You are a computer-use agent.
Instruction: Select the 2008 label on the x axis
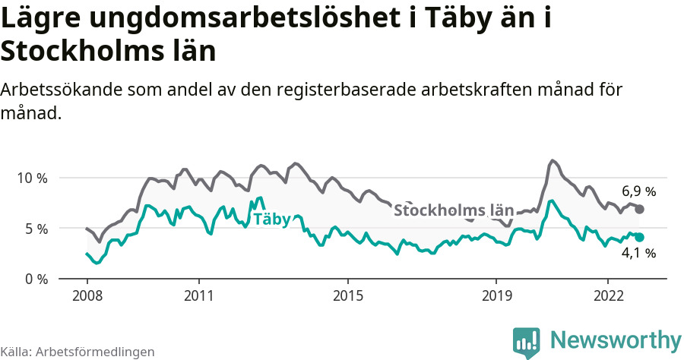tap(87, 295)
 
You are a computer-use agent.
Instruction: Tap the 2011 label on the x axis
tap(198, 295)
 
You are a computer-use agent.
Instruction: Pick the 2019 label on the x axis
tap(496, 295)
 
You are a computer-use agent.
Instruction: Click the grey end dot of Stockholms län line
tap(639, 209)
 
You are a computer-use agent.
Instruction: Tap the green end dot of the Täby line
tap(639, 238)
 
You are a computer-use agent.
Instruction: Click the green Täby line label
tap(271, 219)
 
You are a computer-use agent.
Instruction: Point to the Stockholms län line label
tap(453, 210)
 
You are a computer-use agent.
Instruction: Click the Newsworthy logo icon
tap(526, 342)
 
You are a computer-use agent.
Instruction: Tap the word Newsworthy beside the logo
tap(616, 339)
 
